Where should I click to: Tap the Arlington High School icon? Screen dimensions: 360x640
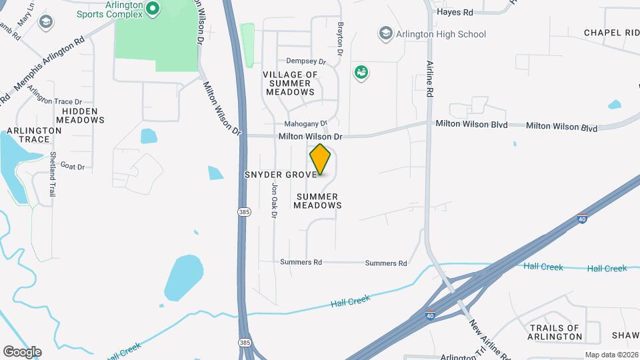pyautogui.click(x=385, y=33)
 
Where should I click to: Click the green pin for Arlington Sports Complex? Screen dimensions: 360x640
pyautogui.click(x=152, y=9)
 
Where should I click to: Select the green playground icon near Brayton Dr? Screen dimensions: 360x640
pyautogui.click(x=361, y=72)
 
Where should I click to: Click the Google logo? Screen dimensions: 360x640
pyautogui.click(x=22, y=351)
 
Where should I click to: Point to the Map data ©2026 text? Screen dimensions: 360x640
pyautogui.click(x=611, y=355)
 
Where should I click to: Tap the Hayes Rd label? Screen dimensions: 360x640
pyautogui.click(x=455, y=12)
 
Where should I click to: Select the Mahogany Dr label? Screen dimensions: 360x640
pyautogui.click(x=306, y=123)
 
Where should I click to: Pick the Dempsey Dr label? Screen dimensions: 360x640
pyautogui.click(x=306, y=61)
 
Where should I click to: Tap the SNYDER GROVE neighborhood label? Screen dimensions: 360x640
pyautogui.click(x=280, y=175)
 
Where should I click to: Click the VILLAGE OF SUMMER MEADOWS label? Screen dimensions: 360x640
pyautogui.click(x=290, y=83)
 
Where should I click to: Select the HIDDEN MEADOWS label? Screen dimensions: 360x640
pyautogui.click(x=80, y=115)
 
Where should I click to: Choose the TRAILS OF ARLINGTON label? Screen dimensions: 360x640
pyautogui.click(x=555, y=332)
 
